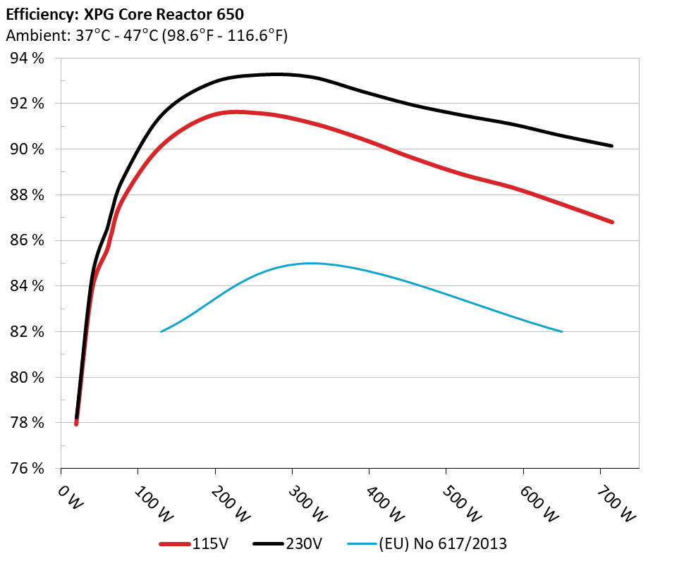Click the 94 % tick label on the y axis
[x=28, y=58]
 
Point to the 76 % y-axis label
[x=28, y=469]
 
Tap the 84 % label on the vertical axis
[x=28, y=286]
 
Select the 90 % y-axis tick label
[x=28, y=149]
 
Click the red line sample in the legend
[x=174, y=544]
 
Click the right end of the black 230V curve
[x=612, y=146]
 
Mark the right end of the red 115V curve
[x=612, y=222]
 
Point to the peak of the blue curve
[x=310, y=263]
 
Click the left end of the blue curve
[x=161, y=331]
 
